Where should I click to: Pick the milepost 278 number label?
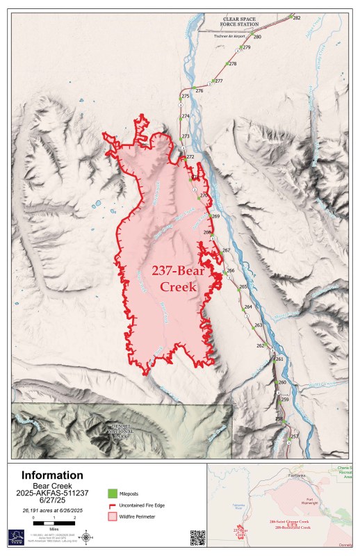(x=233, y=64)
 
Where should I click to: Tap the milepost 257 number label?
(x=294, y=436)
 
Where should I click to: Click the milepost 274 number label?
(x=186, y=115)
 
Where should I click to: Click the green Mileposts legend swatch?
(x=112, y=493)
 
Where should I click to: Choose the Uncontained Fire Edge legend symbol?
(x=112, y=505)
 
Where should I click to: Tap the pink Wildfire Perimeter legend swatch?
(x=112, y=517)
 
